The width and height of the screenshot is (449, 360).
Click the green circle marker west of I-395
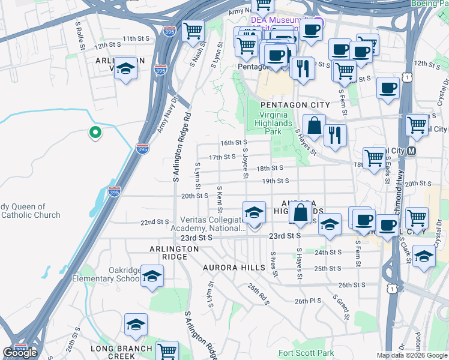pos(94,133)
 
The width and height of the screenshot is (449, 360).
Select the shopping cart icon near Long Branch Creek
pos(167,350)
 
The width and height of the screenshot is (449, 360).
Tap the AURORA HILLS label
pos(234,267)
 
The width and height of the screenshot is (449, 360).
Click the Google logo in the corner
pos(19,352)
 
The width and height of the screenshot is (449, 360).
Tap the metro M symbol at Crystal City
pos(411,151)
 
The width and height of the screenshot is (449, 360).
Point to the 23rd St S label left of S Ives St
pos(199,238)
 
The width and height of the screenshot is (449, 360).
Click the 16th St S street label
pos(234,143)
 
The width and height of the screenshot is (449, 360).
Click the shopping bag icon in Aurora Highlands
pos(300,212)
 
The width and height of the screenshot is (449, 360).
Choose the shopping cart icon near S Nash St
pos(193,30)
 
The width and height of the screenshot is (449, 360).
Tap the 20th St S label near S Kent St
pos(194,195)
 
